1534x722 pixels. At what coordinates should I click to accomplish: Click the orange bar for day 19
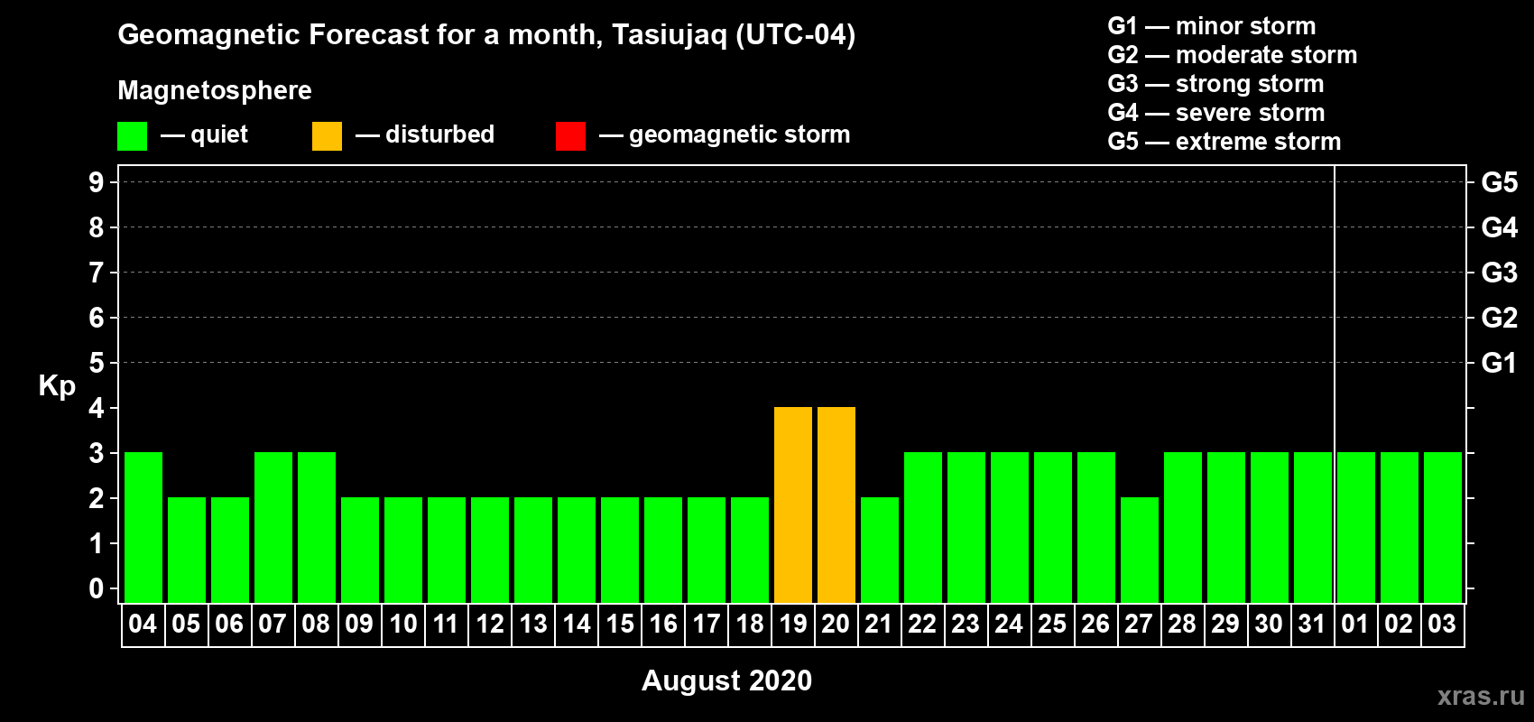click(793, 504)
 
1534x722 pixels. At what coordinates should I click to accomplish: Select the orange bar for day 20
click(836, 504)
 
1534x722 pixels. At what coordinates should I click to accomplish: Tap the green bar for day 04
click(143, 527)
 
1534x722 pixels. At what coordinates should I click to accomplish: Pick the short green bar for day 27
click(1140, 550)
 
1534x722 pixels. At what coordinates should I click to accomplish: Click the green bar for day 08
click(317, 527)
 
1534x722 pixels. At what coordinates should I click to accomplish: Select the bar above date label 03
click(1443, 527)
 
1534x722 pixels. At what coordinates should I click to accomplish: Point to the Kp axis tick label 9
click(96, 182)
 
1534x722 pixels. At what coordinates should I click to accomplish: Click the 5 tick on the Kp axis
click(96, 363)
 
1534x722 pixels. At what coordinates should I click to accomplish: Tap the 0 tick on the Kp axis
click(96, 588)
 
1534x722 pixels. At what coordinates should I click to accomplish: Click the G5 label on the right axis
click(1500, 182)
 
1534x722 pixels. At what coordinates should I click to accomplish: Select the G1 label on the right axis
click(1500, 363)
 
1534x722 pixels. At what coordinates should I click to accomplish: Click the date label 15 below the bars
click(620, 624)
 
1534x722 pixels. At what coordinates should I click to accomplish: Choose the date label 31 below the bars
click(1312, 624)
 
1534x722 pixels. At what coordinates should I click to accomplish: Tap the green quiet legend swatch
click(132, 135)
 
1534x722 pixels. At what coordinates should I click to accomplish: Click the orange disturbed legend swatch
click(327, 135)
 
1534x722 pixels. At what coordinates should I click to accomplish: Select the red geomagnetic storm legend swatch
click(571, 135)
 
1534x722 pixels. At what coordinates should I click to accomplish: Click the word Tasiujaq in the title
click(669, 35)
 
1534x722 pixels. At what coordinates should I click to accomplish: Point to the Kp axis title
click(57, 386)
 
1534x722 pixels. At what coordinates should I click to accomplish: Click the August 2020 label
click(726, 680)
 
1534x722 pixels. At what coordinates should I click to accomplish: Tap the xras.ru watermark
click(1482, 696)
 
